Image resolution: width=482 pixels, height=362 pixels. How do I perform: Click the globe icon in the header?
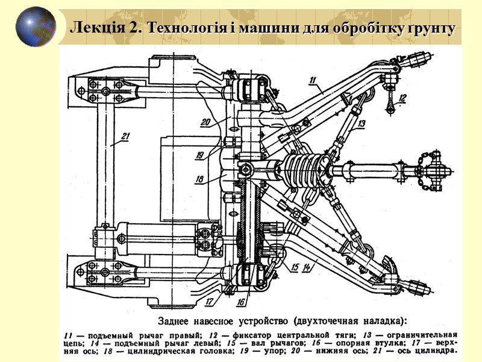coord(36,27)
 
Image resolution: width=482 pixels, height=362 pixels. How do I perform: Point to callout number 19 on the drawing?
coord(200,154)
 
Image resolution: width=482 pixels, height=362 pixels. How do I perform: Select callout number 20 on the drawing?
coord(205,121)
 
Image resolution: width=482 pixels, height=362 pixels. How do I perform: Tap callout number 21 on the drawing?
coord(124,136)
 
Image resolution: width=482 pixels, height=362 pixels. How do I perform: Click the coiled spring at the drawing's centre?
coord(305,168)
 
